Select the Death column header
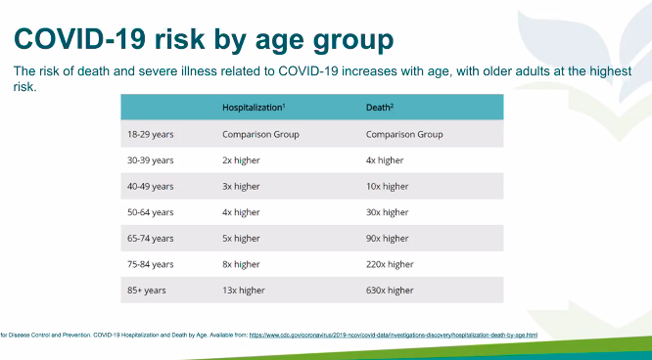click(383, 108)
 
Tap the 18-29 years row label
click(150, 134)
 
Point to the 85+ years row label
click(146, 290)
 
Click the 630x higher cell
click(388, 290)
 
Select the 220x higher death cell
click(388, 264)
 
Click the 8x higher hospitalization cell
click(240, 264)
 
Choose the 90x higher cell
click(386, 238)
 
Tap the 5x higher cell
click(240, 238)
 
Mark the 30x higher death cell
click(386, 212)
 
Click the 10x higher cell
click(386, 186)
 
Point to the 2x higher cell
click(240, 160)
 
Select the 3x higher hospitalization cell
click(240, 186)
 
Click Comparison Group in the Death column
click(404, 134)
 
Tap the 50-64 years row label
click(150, 212)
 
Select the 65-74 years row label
click(150, 238)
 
